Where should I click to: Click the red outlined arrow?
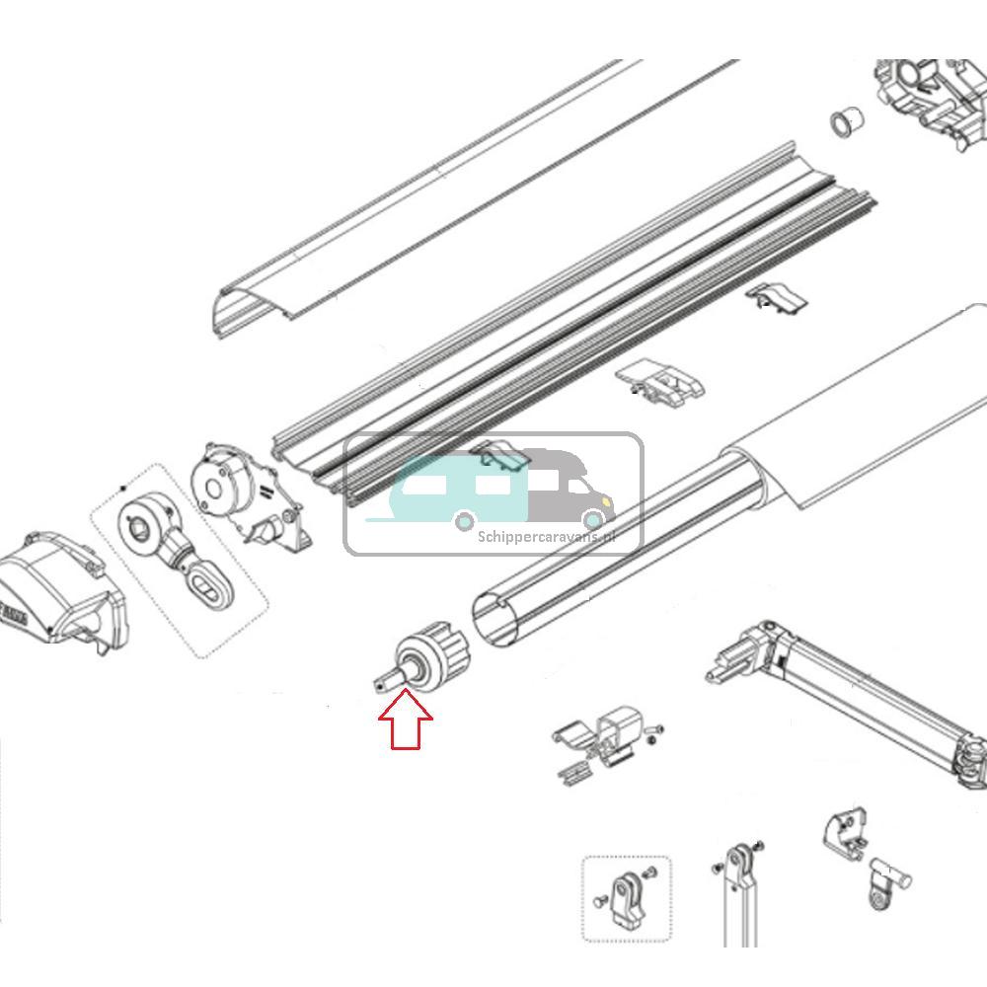(406, 721)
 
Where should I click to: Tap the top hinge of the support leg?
(737, 862)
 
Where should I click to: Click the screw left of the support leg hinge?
(715, 869)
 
